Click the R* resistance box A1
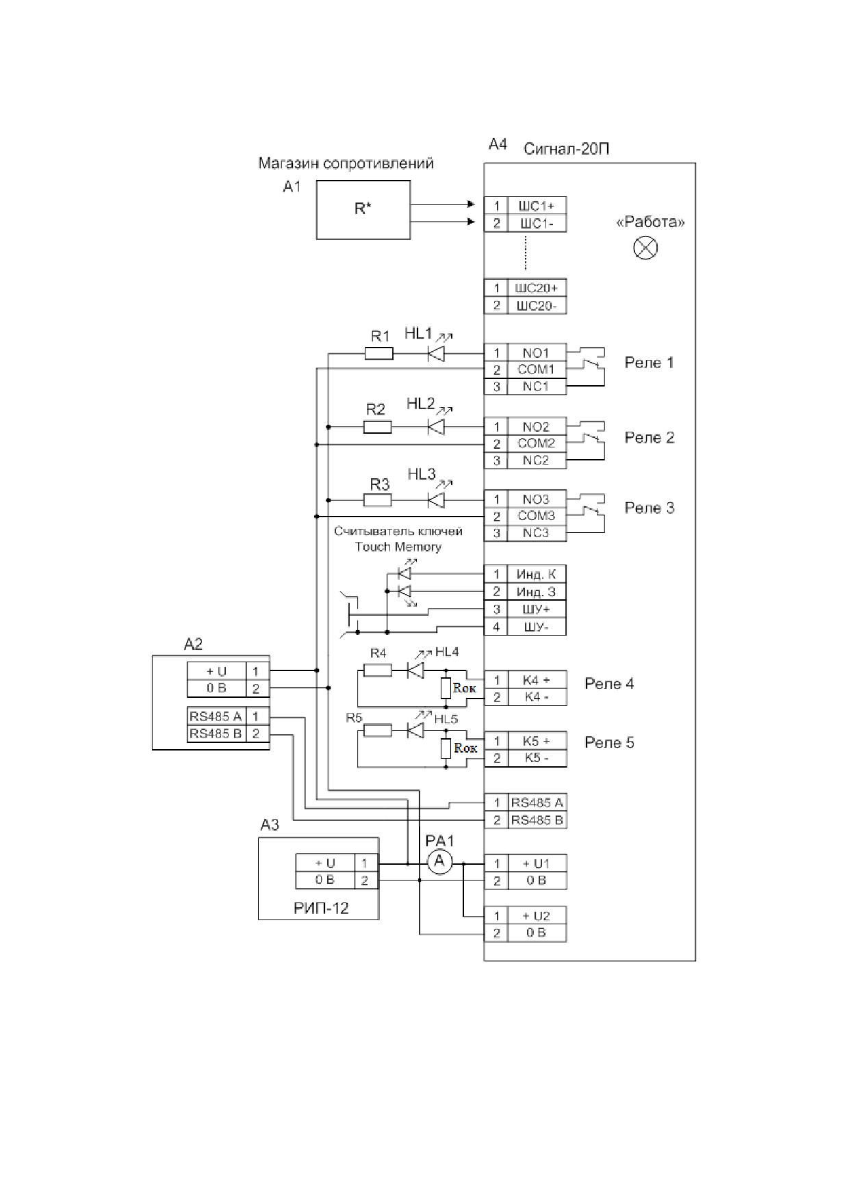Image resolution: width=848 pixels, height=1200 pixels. tap(363, 209)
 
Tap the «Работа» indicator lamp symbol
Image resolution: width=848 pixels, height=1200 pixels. tap(645, 247)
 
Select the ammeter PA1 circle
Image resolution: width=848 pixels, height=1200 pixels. tap(439, 862)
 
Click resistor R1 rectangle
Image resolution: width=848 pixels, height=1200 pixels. tap(379, 353)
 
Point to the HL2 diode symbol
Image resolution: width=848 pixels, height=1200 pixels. tap(435, 427)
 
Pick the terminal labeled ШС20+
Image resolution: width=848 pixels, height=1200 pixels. tap(537, 288)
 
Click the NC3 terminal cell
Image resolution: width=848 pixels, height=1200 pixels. tap(537, 533)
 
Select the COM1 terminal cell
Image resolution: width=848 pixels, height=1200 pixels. tap(537, 369)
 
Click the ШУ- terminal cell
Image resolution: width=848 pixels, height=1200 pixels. tap(537, 627)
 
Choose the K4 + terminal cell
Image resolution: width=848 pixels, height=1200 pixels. tap(537, 680)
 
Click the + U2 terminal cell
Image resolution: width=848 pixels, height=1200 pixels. tap(537, 916)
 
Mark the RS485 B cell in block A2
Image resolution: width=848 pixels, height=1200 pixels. tap(216, 734)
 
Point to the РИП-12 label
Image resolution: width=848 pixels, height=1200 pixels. tap(321, 909)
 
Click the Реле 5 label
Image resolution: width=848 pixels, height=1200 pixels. tap(609, 743)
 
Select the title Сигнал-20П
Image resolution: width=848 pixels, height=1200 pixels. tap(566, 148)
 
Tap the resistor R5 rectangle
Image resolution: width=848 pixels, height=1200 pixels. tap(378, 731)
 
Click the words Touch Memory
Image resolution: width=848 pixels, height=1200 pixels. tap(398, 547)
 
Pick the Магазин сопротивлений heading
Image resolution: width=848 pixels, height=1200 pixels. tap(346, 164)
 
